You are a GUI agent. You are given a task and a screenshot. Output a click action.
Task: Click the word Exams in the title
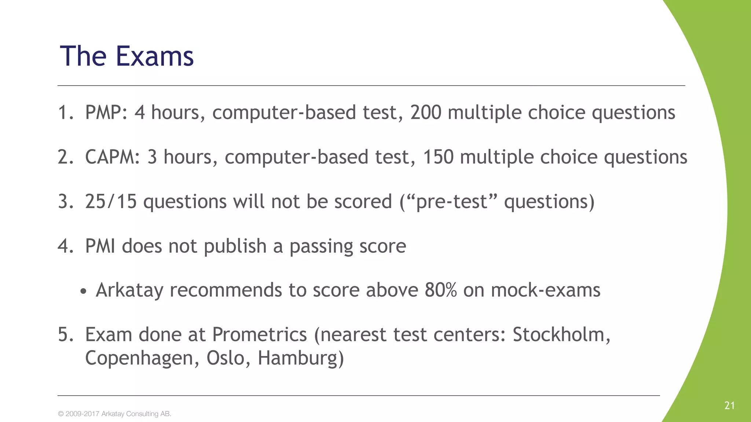(155, 56)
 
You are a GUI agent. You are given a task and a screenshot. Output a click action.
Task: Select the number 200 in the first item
(425, 112)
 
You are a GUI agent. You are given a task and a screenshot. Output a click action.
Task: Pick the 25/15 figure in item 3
(111, 202)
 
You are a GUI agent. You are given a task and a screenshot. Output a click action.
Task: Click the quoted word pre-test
(451, 202)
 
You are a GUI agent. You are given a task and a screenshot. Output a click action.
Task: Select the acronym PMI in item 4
(100, 246)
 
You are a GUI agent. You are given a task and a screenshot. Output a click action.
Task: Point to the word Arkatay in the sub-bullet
(129, 290)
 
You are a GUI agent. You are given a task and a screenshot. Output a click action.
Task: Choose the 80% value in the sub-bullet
(441, 290)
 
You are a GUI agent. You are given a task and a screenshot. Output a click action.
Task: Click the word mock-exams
(545, 290)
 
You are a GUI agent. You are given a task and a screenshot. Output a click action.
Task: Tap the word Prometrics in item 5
(260, 335)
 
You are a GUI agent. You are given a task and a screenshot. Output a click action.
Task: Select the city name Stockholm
(561, 335)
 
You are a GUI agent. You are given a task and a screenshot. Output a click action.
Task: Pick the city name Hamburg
(301, 358)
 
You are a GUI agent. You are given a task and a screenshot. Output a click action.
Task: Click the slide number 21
(729, 406)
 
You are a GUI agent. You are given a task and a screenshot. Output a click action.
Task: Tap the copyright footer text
(114, 414)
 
